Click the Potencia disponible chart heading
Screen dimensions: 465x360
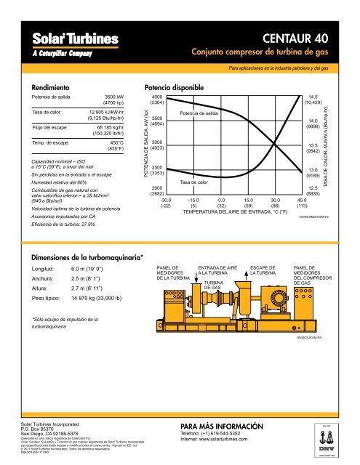coord(179,87)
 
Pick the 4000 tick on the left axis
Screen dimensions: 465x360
coord(156,97)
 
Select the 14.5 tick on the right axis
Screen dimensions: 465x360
coord(314,97)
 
